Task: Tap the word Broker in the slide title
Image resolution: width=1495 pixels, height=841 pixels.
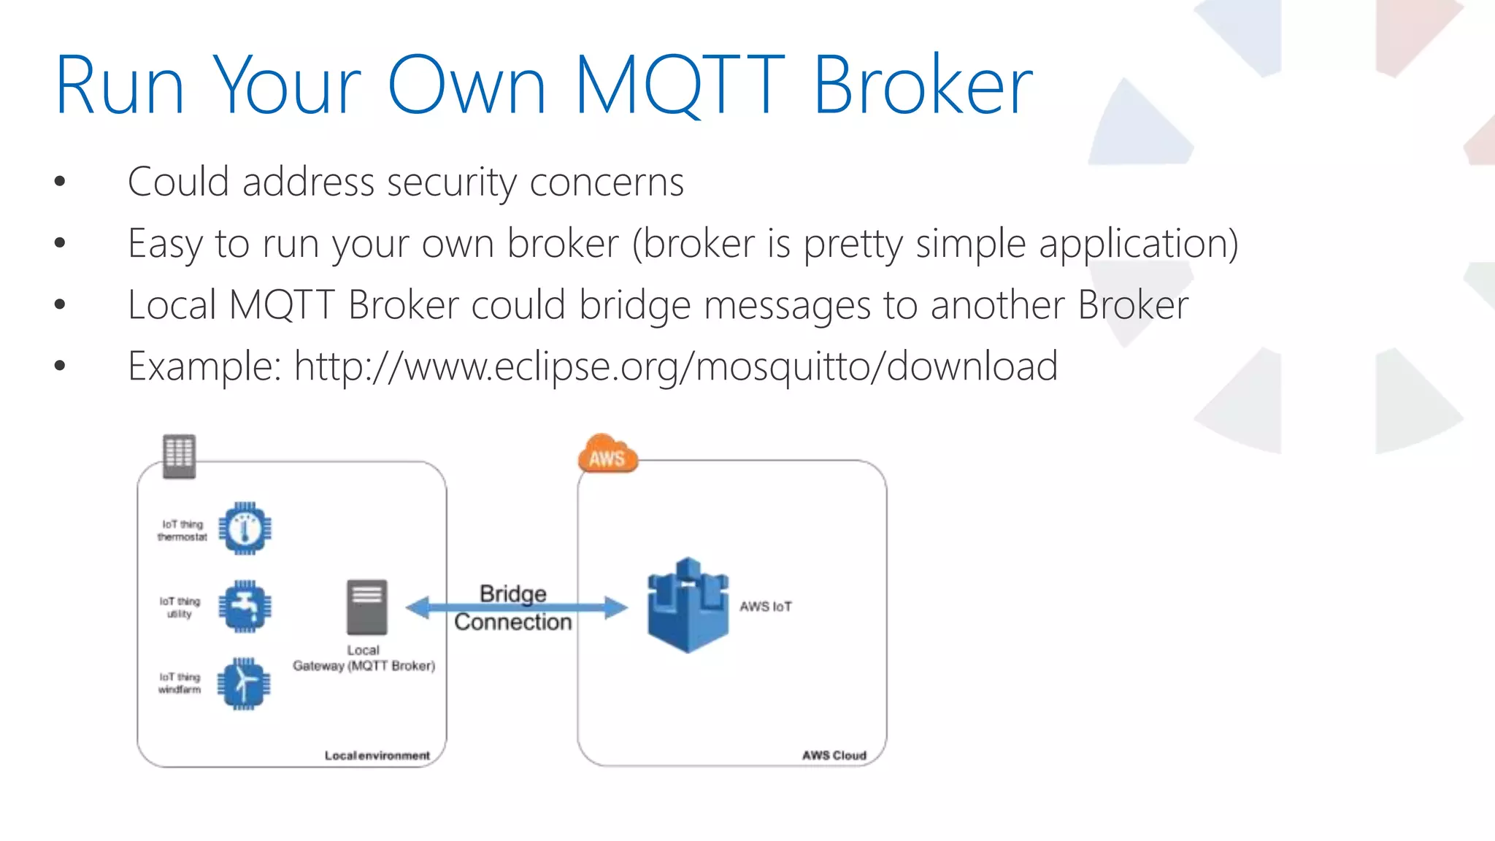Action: point(923,86)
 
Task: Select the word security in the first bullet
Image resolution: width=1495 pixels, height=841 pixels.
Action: point(451,183)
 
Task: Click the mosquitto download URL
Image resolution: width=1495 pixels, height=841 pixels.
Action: point(676,366)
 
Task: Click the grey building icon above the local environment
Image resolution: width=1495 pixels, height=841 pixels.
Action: point(179,456)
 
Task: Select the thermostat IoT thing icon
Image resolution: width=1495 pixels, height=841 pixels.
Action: point(245,529)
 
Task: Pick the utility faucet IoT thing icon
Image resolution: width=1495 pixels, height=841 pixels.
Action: point(245,606)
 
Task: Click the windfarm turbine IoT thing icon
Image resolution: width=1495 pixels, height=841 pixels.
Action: point(245,683)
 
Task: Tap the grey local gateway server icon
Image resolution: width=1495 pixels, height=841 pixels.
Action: point(366,607)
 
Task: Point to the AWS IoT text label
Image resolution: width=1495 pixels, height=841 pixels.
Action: point(765,607)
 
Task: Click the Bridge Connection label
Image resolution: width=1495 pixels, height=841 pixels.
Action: point(512,607)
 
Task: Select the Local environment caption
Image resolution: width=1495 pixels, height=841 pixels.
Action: point(377,756)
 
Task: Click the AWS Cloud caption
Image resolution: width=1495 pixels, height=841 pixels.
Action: point(834,756)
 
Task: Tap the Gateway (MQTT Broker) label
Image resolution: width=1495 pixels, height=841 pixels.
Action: point(364,666)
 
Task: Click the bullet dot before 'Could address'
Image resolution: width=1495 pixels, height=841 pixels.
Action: point(60,182)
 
